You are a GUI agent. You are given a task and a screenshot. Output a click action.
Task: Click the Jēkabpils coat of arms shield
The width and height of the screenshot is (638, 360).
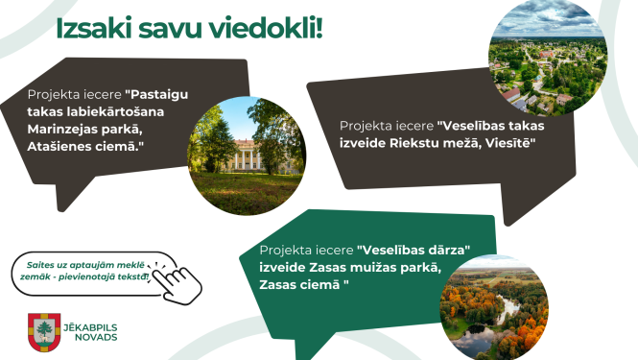[43, 331]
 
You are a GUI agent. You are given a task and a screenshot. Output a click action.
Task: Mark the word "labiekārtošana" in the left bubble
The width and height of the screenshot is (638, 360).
[111, 113]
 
